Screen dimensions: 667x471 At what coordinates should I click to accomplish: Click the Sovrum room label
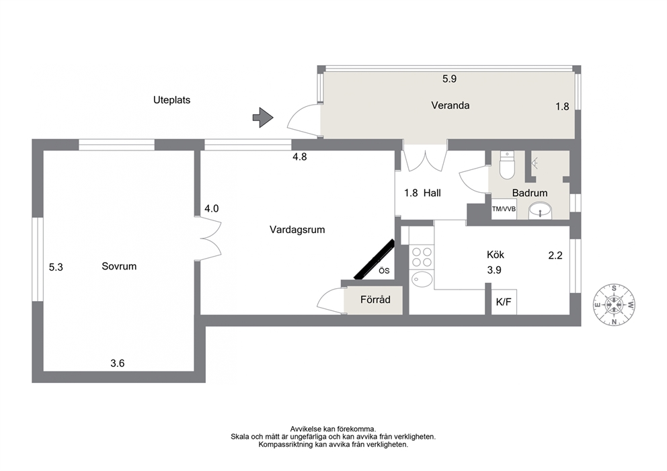119,266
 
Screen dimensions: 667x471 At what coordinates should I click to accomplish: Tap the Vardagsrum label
297,230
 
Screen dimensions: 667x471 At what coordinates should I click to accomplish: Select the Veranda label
450,105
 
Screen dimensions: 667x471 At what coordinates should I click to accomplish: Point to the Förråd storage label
375,299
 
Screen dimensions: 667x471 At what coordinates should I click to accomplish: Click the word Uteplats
172,100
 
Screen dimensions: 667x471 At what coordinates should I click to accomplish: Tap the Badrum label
530,193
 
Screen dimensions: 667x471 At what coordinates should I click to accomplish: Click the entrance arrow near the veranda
263,118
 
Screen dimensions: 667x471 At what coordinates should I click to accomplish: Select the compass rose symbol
615,305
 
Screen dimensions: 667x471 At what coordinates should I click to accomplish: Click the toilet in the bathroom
506,165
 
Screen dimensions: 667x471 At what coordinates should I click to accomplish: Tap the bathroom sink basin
540,210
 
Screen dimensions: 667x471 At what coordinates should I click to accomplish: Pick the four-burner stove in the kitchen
421,257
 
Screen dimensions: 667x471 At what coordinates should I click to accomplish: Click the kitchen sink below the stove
422,280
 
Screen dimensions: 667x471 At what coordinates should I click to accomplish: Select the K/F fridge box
504,302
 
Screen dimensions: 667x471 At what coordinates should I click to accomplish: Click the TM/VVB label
504,209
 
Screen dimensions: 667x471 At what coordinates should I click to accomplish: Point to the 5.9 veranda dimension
449,79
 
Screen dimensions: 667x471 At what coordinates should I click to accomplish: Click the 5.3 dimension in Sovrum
56,267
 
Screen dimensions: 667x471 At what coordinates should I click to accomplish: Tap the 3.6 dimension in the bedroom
118,363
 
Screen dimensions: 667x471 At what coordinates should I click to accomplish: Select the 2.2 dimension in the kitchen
555,255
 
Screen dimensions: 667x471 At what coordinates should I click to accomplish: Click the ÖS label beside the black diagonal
384,271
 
